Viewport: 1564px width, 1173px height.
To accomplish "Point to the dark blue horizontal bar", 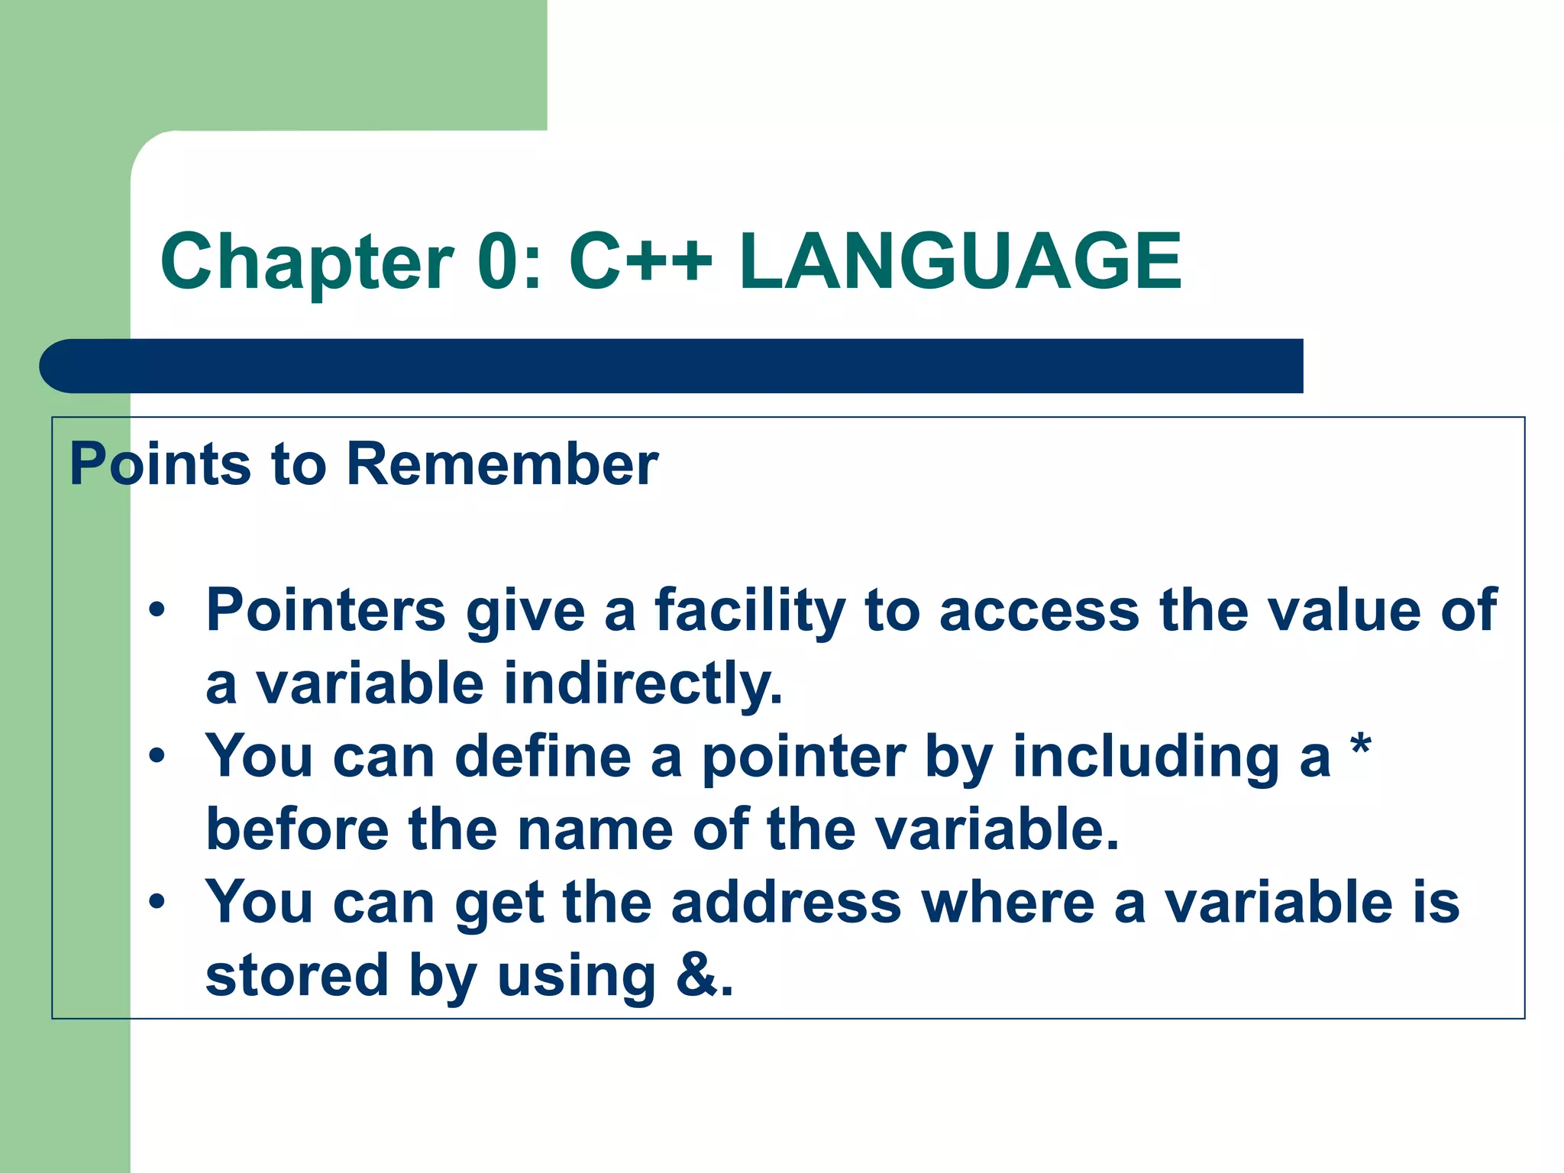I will pos(672,366).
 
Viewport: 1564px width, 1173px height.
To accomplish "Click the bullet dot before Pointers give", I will pos(157,610).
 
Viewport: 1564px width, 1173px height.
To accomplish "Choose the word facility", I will pos(749,612).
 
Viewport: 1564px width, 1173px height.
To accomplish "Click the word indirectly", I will pos(643,684).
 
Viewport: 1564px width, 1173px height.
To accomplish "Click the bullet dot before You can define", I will pos(157,756).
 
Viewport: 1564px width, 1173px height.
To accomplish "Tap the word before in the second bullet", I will pos(298,829).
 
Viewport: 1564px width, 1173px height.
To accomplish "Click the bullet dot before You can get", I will pos(157,902).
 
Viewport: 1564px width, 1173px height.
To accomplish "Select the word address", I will pos(787,902).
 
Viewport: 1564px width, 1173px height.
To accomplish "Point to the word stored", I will pos(298,975).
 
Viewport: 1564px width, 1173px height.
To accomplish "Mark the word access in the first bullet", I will pos(1039,612).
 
